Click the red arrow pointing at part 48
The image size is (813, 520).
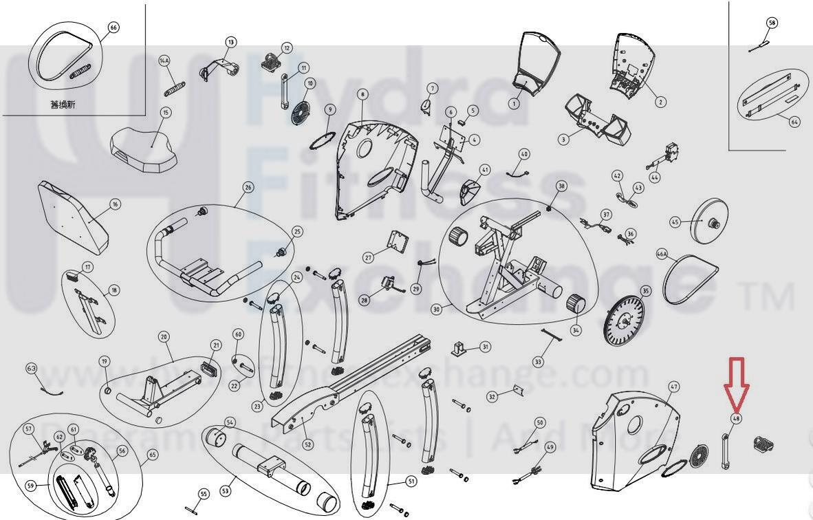point(736,382)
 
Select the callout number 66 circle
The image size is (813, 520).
point(113,28)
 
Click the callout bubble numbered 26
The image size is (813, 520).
point(248,187)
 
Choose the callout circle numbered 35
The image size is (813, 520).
point(645,292)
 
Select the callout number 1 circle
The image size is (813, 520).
point(514,104)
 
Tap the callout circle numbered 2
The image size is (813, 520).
point(660,102)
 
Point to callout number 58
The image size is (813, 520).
point(772,23)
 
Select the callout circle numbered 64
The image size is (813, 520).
point(794,122)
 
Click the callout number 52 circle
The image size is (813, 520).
point(307,445)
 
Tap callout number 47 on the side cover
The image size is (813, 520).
point(673,387)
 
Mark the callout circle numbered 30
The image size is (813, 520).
point(436,310)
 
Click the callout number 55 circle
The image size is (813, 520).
point(203,494)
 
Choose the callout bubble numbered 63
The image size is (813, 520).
point(31,369)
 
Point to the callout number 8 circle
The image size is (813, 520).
point(362,94)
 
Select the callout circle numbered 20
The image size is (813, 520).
point(164,337)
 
